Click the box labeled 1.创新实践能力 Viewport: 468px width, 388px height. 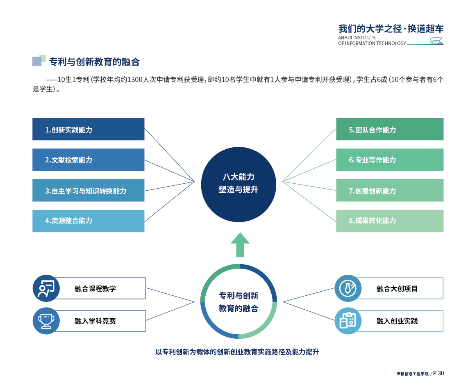click(89, 129)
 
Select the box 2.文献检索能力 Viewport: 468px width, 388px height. click(89, 160)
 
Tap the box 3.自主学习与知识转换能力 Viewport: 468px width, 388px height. click(89, 191)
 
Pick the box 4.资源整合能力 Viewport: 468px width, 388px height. click(89, 221)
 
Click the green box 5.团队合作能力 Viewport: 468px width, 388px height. click(390, 129)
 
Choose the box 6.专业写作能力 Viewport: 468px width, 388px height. click(390, 160)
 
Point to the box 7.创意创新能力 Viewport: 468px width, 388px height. click(390, 191)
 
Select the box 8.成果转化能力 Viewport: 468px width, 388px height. click(390, 221)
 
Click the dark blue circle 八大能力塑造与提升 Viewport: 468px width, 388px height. click(239, 184)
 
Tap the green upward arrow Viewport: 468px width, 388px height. click(240, 245)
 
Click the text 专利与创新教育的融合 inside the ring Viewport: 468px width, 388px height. click(239, 302)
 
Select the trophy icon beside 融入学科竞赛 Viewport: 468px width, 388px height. click(46, 321)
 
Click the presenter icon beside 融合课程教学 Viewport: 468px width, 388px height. click(46, 288)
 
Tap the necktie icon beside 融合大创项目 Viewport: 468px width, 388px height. click(348, 288)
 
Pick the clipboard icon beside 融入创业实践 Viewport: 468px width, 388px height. click(348, 321)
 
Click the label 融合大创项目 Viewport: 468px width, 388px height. click(397, 288)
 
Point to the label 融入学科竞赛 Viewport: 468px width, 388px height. click(95, 321)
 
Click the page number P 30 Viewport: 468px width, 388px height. click(438, 373)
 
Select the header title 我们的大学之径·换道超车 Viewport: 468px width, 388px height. click(391, 29)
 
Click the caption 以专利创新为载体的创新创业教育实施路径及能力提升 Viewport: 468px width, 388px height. click(237, 352)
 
